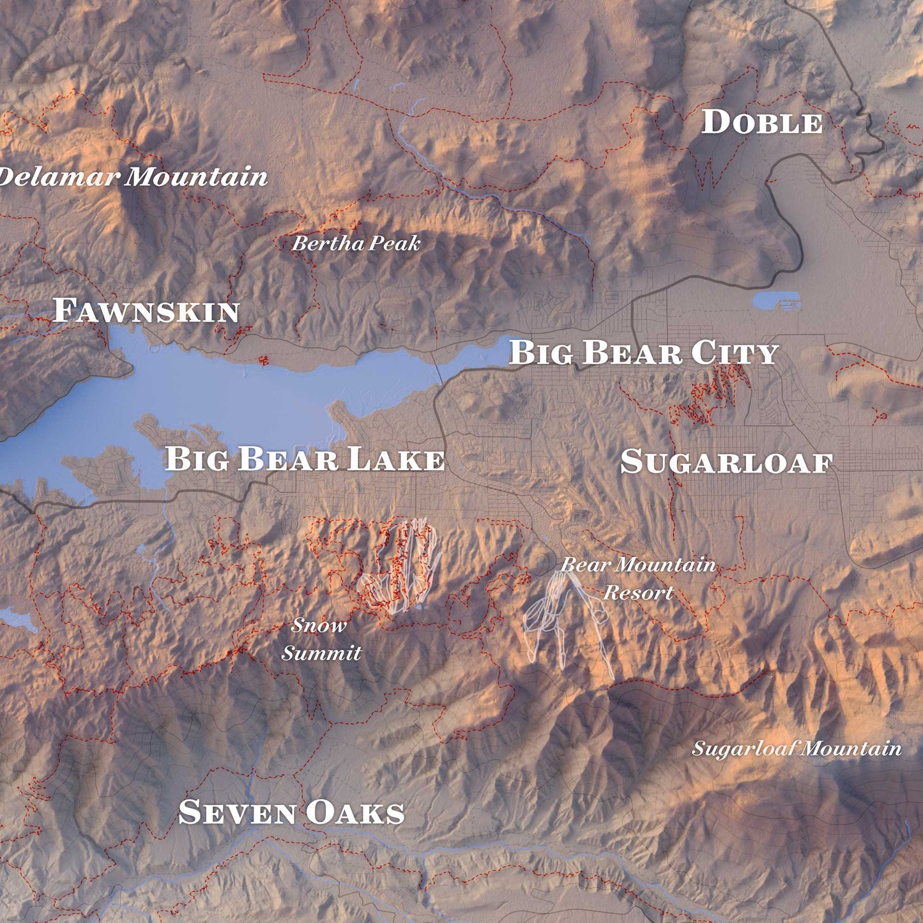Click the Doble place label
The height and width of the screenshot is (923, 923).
tap(762, 122)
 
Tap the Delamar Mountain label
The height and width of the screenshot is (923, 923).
tap(132, 176)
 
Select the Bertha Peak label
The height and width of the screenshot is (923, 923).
tap(356, 243)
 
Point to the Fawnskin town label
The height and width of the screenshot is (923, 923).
tap(146, 310)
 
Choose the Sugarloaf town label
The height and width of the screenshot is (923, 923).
tap(726, 462)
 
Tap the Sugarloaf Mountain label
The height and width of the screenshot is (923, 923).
tap(797, 748)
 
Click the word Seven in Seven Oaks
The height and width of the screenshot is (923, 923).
tap(238, 812)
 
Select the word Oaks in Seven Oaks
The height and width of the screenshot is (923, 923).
tap(355, 812)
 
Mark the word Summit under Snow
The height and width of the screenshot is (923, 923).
tap(321, 653)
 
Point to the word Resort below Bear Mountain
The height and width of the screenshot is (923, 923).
tap(638, 593)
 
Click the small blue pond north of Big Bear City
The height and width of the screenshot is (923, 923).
tap(775, 300)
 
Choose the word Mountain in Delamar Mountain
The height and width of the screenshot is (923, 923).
tap(196, 176)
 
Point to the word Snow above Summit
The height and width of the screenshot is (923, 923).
tap(319, 625)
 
